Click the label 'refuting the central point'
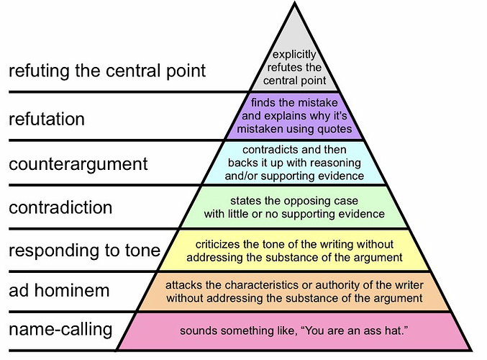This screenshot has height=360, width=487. point(107,71)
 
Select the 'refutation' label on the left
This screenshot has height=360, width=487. point(47,118)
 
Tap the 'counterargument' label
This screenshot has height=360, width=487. point(78,163)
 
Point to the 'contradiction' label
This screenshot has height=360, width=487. point(60,208)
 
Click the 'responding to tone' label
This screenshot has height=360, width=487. point(84,251)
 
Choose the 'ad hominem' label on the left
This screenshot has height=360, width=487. point(59,291)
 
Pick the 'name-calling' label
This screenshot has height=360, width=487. point(60,330)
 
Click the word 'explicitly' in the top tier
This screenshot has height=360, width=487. point(293,55)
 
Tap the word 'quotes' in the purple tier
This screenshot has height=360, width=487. point(336,130)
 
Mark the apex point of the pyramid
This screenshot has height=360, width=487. point(293,4)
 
